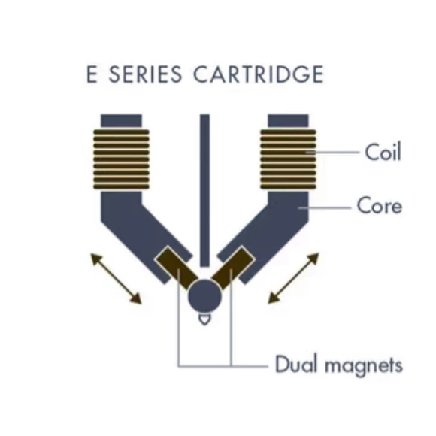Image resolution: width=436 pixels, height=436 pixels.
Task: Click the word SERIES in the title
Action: (145, 74)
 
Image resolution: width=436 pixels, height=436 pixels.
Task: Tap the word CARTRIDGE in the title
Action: (259, 74)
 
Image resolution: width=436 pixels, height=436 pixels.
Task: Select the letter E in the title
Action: (92, 74)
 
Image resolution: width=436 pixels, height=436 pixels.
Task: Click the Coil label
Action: (383, 152)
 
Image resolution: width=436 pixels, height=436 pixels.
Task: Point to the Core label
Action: (380, 206)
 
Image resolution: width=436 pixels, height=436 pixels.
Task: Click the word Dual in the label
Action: (296, 364)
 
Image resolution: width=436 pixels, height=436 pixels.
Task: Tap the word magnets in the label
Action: (364, 365)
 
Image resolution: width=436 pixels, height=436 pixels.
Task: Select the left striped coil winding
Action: (121, 159)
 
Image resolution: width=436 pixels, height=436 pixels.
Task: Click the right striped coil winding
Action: (288, 159)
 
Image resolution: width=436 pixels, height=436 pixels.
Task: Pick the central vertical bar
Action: (204, 190)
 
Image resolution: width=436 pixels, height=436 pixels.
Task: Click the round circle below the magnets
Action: (204, 296)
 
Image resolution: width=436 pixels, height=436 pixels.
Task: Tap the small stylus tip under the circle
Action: (204, 319)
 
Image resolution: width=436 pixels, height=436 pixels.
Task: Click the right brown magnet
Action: (233, 268)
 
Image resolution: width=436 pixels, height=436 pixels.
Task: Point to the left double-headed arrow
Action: (117, 278)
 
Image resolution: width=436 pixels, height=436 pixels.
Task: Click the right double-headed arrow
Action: (293, 278)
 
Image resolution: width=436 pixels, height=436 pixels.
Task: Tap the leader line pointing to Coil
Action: (332, 153)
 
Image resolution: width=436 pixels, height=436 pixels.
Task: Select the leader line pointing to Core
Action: (325, 207)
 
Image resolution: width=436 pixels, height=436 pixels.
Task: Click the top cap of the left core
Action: (121, 121)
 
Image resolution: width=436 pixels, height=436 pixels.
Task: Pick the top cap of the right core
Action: (288, 121)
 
